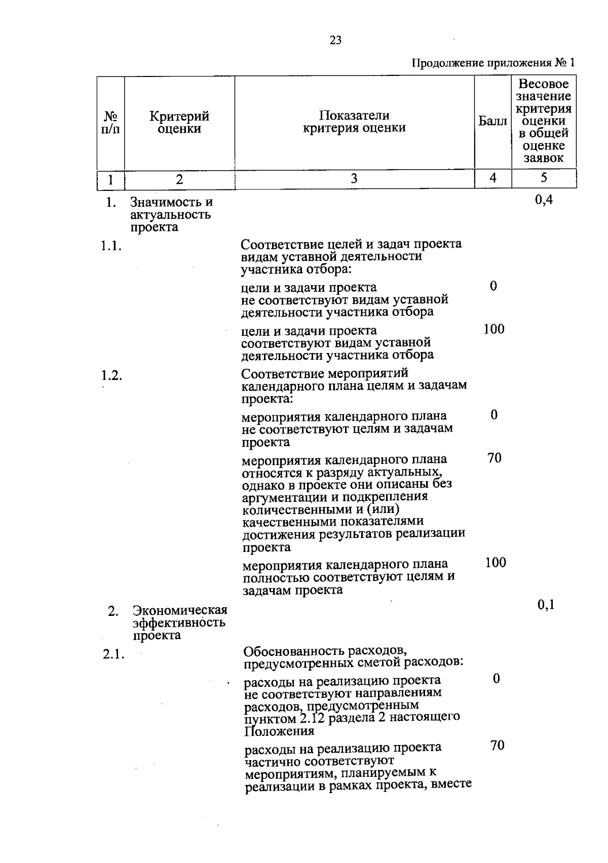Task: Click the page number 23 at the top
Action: point(335,41)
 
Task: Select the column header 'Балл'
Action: point(492,122)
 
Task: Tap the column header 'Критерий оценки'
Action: point(179,123)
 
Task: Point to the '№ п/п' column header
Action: point(110,123)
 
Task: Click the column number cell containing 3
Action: point(354,178)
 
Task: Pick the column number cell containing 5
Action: point(544,178)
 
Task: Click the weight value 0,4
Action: point(544,200)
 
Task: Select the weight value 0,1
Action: point(546,604)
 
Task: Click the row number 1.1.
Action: point(111,247)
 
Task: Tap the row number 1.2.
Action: point(111,376)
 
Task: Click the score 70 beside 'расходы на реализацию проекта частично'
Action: point(497,746)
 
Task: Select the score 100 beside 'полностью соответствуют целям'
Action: point(496,563)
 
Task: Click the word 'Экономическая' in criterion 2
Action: point(180,610)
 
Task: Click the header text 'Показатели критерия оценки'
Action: point(354,122)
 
